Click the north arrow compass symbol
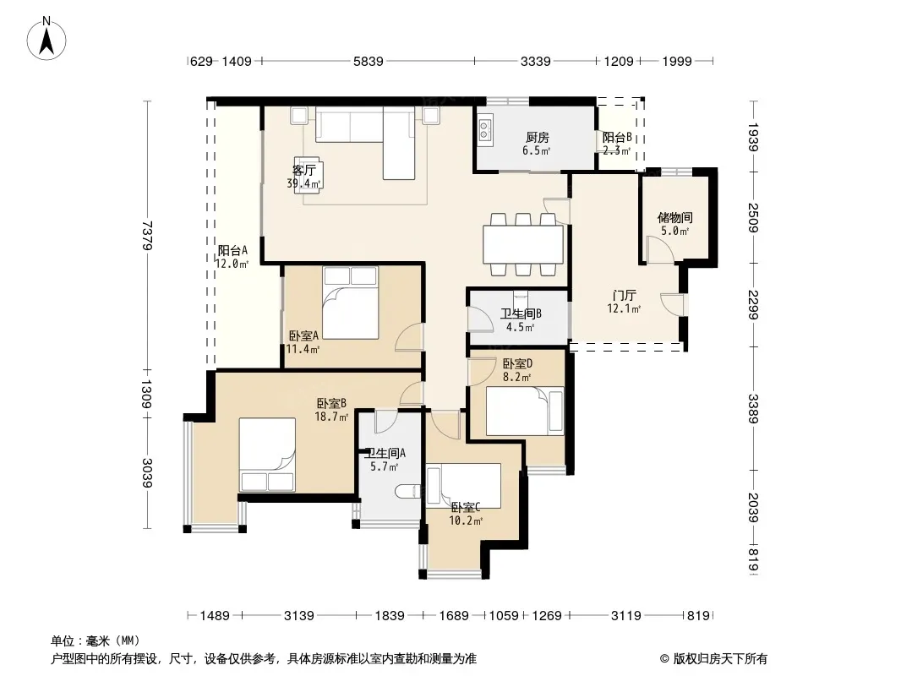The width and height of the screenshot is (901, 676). point(46,38)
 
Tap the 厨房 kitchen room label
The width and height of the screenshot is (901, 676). point(538,137)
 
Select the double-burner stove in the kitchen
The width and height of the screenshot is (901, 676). point(483,130)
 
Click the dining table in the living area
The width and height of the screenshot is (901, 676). point(523,243)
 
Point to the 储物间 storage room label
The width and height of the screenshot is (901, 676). point(674,218)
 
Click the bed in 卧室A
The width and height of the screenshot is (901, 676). point(351,303)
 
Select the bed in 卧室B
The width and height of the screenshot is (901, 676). point(267,455)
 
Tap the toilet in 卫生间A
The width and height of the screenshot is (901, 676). point(409,492)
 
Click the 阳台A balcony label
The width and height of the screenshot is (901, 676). point(232,250)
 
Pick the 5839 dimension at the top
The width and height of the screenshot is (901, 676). point(368,61)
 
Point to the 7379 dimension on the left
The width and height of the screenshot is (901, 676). point(147,235)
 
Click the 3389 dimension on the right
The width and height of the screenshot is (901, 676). point(753,408)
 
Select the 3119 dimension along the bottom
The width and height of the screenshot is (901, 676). point(625,616)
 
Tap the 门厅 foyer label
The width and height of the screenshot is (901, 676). point(624,295)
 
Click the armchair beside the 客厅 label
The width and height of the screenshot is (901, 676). point(309,175)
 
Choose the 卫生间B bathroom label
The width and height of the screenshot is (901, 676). point(521,313)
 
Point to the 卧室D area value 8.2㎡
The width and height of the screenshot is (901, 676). point(517,377)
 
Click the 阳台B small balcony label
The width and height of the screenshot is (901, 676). point(617,137)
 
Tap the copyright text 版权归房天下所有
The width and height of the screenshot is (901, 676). point(720,659)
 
